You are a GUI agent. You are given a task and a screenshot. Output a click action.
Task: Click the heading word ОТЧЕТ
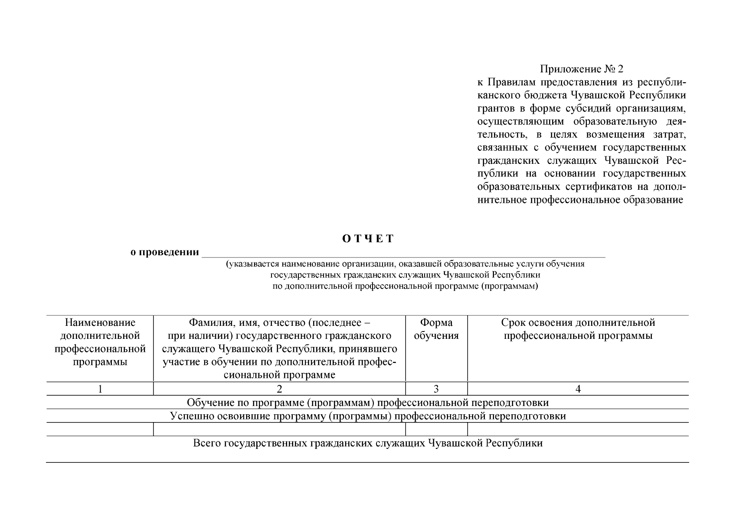coord(368,239)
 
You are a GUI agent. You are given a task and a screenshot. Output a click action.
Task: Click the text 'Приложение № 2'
coord(581,69)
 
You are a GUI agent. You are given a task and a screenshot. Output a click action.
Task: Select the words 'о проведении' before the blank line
coord(165,252)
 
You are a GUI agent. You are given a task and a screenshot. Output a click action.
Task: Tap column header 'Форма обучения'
coord(436,329)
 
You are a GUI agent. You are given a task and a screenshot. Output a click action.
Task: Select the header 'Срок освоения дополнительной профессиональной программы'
coord(578,329)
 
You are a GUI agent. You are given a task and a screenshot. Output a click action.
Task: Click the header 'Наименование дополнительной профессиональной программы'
coord(100,342)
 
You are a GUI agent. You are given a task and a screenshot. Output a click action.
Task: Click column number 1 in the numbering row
coord(100,389)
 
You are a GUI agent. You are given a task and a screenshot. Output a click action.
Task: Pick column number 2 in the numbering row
coord(279,389)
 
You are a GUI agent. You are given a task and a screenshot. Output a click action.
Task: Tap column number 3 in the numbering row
coord(436,389)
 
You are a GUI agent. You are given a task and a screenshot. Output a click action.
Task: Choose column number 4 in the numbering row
coord(578,389)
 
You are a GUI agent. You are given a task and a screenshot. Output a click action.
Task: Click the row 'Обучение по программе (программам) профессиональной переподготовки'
coord(368,403)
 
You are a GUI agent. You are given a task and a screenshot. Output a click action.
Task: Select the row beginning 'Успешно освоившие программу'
coord(368,416)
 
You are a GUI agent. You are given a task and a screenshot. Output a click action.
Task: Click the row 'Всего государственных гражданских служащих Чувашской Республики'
coord(368,443)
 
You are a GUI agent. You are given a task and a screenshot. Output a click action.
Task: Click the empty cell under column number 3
coord(436,429)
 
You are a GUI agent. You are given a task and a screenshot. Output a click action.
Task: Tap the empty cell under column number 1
coord(100,429)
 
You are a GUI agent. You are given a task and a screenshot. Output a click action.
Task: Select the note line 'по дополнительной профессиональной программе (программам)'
coord(405,286)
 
